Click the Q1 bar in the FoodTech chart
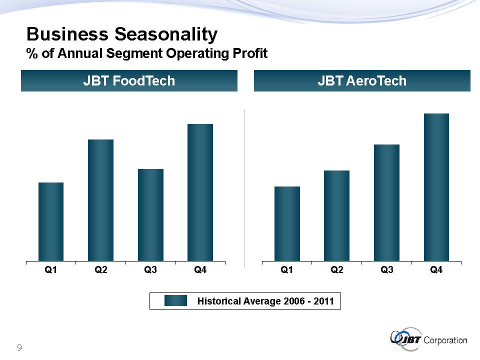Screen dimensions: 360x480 51,221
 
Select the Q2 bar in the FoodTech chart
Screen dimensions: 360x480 100,200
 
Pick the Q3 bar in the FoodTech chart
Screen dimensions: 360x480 150,214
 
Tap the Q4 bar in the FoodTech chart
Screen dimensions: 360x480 200,192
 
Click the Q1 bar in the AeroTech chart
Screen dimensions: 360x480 287,223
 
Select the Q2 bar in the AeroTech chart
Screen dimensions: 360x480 336,215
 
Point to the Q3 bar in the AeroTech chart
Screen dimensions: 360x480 386,202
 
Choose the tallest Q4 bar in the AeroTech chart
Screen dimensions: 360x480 436,187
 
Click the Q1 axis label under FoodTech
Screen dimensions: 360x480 51,270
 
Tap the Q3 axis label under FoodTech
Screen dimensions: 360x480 150,270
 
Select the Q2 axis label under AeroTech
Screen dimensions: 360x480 336,270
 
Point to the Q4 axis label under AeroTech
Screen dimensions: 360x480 436,270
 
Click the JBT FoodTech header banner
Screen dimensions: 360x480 129,81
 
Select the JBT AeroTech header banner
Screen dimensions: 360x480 362,81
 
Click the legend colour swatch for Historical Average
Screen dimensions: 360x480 175,300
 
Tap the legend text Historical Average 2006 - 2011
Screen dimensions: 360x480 265,301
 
